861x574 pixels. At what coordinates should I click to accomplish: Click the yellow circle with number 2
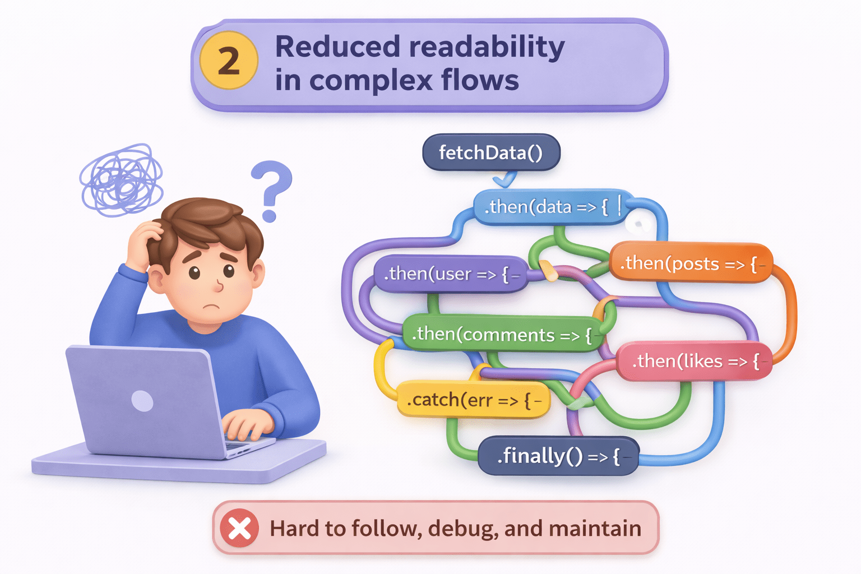(x=229, y=61)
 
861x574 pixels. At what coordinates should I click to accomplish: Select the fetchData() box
(x=491, y=152)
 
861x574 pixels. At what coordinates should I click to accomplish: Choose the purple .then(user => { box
(x=448, y=274)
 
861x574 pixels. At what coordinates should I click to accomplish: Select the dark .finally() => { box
(x=557, y=456)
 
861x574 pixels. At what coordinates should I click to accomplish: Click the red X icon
(x=239, y=528)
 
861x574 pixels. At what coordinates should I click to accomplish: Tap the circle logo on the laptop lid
(x=142, y=401)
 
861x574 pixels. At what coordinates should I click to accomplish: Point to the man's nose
(x=219, y=286)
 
